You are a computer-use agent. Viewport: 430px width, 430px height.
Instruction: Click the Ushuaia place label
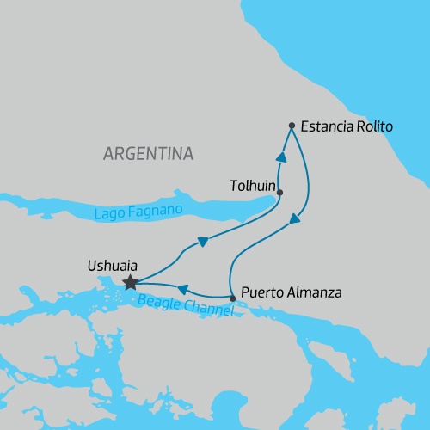coord(113,266)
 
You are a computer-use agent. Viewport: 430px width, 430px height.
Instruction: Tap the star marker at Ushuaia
coord(130,282)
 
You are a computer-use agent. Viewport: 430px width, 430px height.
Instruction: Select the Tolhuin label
coord(253,184)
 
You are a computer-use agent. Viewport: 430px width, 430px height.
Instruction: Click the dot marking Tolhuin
coord(280,193)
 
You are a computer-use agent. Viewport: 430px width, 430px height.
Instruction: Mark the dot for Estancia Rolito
coord(292,126)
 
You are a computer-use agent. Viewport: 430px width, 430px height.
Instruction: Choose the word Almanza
coord(314,292)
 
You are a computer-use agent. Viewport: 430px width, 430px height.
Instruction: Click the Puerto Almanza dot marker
coord(233,298)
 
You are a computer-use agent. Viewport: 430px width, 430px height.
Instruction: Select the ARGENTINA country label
coord(148,154)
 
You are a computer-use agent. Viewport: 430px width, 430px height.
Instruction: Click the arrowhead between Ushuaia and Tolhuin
coord(201,242)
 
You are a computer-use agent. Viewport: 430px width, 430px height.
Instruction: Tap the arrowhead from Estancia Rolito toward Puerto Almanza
coord(295,219)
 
